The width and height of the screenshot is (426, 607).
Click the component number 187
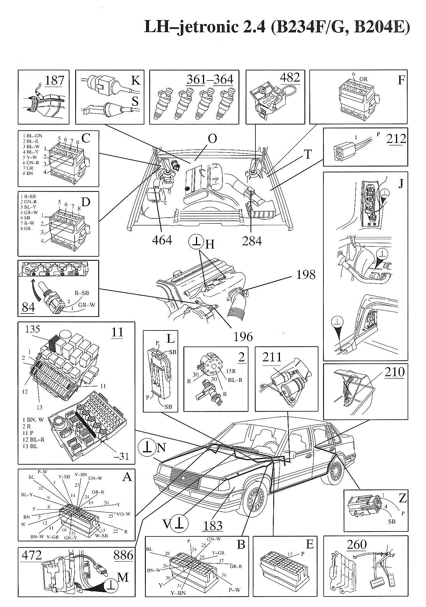tap(55, 80)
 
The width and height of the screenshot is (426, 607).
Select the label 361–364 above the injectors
tap(210, 79)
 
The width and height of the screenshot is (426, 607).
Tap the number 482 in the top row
tap(290, 78)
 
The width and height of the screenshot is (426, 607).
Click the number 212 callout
tap(396, 139)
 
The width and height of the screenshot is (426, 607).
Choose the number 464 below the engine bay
tap(162, 240)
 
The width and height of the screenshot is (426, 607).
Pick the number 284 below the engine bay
tap(252, 241)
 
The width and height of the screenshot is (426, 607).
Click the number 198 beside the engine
tap(306, 274)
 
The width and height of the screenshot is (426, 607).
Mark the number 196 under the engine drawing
tap(243, 337)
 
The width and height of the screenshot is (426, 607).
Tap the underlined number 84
tap(28, 307)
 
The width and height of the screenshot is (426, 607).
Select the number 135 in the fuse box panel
tap(32, 329)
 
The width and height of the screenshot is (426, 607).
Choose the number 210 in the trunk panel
tap(395, 372)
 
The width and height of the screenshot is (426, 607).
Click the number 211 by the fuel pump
tap(272, 357)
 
